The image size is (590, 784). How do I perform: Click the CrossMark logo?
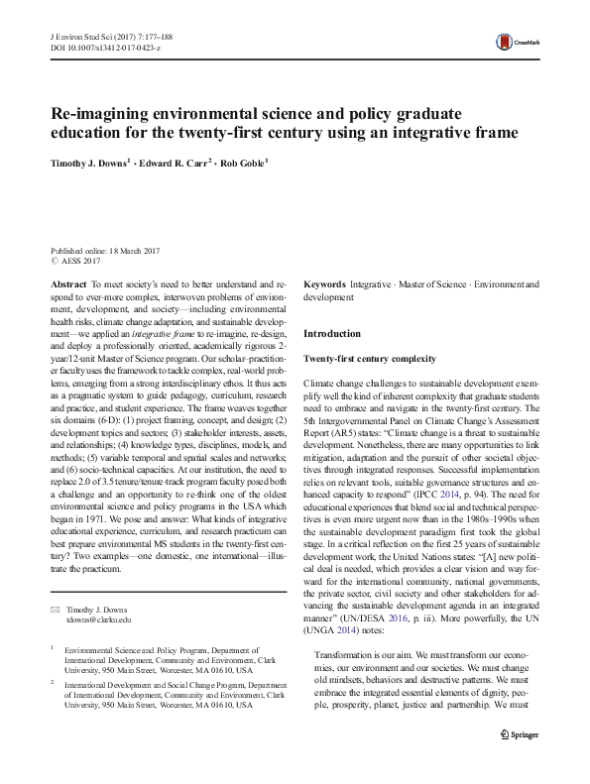(x=516, y=41)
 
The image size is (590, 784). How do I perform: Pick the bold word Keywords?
(x=324, y=283)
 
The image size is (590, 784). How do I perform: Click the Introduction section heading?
(x=332, y=334)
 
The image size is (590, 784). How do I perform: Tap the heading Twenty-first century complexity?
(x=369, y=358)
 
